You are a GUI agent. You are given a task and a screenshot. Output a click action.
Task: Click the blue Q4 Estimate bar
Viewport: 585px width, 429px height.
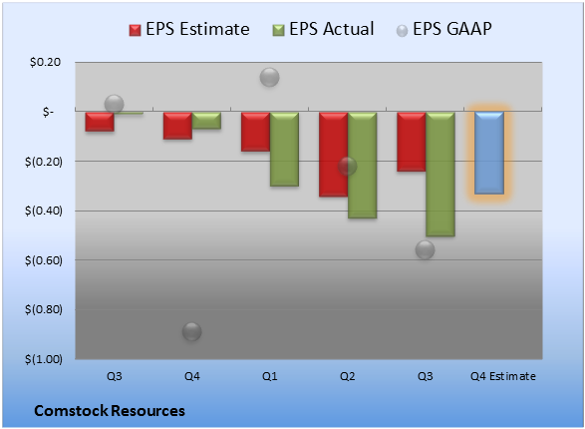click(x=489, y=153)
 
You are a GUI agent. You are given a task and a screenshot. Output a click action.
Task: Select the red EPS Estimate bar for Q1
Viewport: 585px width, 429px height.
click(x=255, y=132)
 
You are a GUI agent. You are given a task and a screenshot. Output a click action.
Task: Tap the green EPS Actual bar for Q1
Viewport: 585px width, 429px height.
click(x=284, y=149)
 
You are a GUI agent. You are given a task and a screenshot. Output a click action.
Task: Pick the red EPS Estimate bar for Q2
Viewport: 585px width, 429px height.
click(x=334, y=155)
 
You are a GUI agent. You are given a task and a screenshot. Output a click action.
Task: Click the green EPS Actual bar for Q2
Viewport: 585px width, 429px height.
click(x=363, y=165)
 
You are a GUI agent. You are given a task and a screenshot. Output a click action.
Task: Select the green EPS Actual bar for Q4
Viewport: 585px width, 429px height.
click(x=206, y=121)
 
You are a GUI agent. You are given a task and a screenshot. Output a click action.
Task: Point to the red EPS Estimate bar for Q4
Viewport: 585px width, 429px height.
click(x=178, y=126)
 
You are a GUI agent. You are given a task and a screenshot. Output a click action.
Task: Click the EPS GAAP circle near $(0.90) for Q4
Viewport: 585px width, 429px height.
click(x=191, y=331)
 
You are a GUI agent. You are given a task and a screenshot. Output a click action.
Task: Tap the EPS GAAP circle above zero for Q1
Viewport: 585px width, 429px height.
click(x=269, y=77)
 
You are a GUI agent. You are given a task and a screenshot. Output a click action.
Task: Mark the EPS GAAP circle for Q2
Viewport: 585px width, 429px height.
click(x=347, y=166)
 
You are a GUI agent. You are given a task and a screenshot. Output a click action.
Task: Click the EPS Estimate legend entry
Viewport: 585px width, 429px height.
click(x=189, y=29)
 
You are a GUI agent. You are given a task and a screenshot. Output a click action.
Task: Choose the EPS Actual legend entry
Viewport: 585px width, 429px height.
click(x=323, y=29)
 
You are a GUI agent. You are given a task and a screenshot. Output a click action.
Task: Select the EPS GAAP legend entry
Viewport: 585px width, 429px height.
click(x=443, y=29)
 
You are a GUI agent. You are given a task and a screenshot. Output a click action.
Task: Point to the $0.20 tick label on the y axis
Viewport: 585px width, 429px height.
click(x=45, y=62)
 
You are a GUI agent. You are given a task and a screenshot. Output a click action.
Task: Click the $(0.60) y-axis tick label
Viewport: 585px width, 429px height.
click(x=44, y=260)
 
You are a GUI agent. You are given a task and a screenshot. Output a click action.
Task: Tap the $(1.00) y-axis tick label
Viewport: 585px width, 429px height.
click(x=44, y=359)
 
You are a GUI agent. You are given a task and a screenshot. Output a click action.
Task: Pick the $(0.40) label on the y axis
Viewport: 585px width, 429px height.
click(x=44, y=211)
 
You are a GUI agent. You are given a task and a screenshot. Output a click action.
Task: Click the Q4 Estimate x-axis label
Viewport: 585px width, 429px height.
click(x=503, y=376)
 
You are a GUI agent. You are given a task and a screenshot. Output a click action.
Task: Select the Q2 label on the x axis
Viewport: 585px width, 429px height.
click(x=348, y=376)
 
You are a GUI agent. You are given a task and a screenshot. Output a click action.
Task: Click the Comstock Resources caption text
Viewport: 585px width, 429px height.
click(x=110, y=411)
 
